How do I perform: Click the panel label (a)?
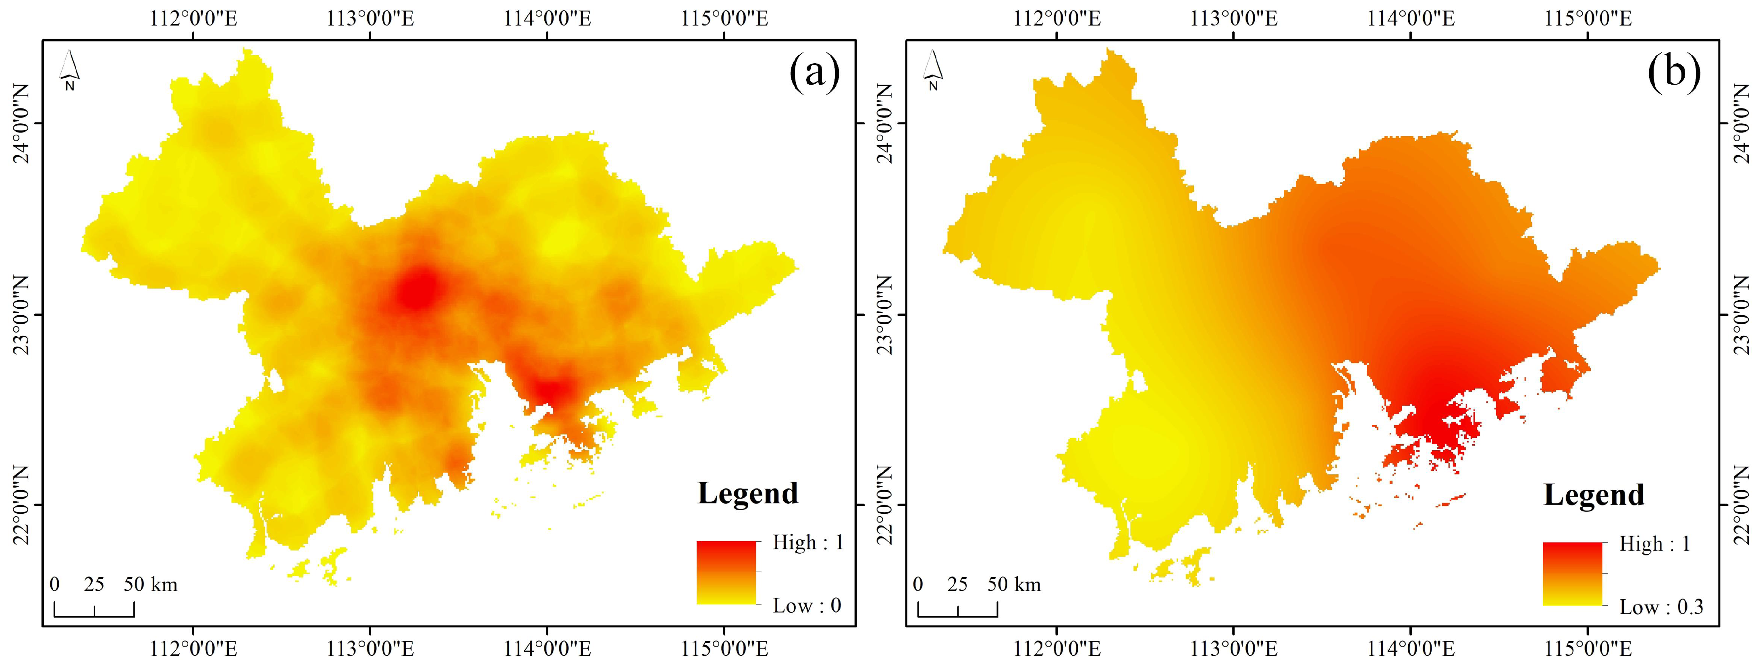coord(814,73)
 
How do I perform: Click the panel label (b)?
coord(1674,73)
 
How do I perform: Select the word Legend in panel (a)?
coord(747,493)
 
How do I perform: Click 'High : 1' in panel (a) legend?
coord(807,542)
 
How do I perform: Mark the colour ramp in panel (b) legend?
coord(1572,574)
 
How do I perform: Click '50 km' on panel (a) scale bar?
coord(150,584)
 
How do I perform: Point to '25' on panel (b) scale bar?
coord(957,584)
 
